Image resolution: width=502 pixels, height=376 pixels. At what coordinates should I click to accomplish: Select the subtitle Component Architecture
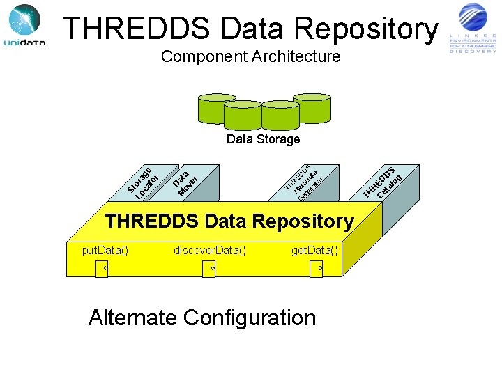pyautogui.click(x=251, y=56)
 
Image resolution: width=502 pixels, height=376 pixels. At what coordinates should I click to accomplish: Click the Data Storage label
pyautogui.click(x=263, y=139)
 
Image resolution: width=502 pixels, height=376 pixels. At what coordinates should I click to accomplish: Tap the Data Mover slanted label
pyautogui.click(x=186, y=179)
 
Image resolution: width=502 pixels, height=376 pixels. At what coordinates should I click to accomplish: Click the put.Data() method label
pyautogui.click(x=105, y=250)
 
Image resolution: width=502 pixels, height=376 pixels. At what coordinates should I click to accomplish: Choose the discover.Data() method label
pyautogui.click(x=210, y=250)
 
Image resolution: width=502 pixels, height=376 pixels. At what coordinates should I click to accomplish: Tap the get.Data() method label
pyautogui.click(x=315, y=250)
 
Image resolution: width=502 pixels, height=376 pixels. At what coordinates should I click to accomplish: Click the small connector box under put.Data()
pyautogui.click(x=102, y=269)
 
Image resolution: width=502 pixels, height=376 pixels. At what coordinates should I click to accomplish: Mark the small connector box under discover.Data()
pyautogui.click(x=209, y=269)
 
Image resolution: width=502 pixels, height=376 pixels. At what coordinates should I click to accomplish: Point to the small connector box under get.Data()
pyautogui.click(x=317, y=269)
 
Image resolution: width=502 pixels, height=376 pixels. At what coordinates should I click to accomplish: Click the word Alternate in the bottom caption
pyautogui.click(x=132, y=318)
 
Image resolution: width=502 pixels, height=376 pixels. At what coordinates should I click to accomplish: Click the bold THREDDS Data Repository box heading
pyautogui.click(x=229, y=221)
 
